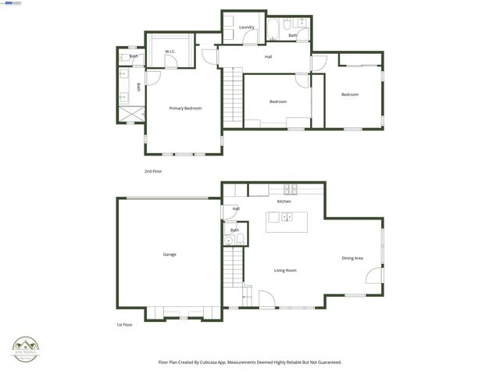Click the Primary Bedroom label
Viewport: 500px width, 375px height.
(186, 109)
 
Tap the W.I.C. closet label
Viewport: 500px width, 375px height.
(170, 52)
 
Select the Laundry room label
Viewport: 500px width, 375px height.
(247, 27)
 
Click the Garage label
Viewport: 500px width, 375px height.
(170, 255)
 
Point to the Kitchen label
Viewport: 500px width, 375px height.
(284, 202)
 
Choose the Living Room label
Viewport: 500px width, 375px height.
(285, 270)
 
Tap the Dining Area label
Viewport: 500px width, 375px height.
(352, 258)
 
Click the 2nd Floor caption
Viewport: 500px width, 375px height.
(153, 171)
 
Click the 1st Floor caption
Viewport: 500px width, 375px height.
(125, 324)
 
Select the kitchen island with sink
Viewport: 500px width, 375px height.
(285, 221)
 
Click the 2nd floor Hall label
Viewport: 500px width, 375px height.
(268, 57)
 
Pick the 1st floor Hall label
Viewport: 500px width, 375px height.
(236, 209)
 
